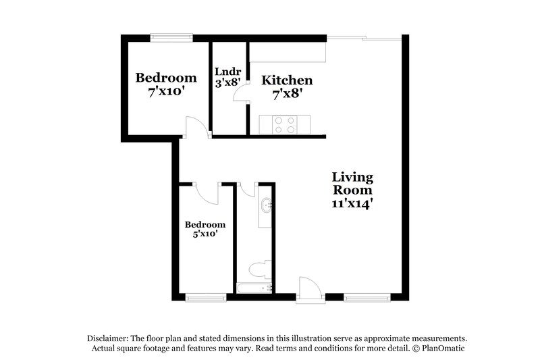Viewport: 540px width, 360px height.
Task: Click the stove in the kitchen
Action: (285, 124)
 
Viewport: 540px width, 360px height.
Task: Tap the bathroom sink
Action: (267, 206)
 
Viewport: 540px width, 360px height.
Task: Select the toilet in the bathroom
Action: (258, 269)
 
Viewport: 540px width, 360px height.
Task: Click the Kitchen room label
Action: (287, 80)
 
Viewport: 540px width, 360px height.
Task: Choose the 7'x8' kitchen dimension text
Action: (287, 94)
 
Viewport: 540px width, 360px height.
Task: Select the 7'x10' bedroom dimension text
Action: (166, 91)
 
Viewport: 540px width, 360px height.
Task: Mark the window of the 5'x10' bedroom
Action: (205, 297)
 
